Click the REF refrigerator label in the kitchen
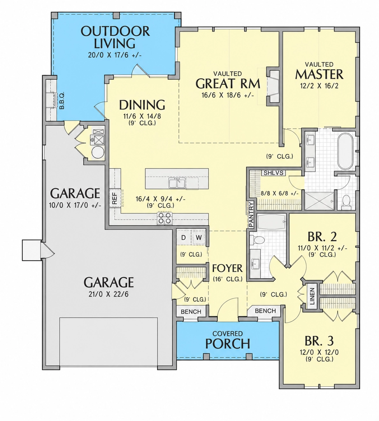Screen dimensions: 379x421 (115, 198)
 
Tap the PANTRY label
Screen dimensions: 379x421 (251, 215)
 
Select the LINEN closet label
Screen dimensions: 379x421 (312, 296)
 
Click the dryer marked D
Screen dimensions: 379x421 (183, 238)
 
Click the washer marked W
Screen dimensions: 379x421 (199, 238)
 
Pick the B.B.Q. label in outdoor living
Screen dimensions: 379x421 (61, 101)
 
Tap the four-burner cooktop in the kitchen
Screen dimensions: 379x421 (165, 218)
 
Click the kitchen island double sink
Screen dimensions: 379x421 (177, 183)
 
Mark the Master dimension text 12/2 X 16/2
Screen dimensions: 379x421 (319, 86)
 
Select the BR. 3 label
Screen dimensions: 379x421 (319, 341)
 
